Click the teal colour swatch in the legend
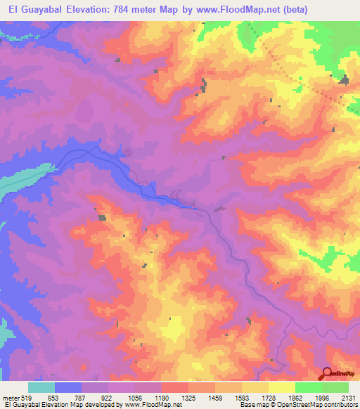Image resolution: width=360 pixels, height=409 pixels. coord(41,388)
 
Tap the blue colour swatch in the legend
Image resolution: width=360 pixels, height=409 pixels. coord(68,388)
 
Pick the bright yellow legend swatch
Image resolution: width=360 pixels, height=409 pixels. coord(282,388)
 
